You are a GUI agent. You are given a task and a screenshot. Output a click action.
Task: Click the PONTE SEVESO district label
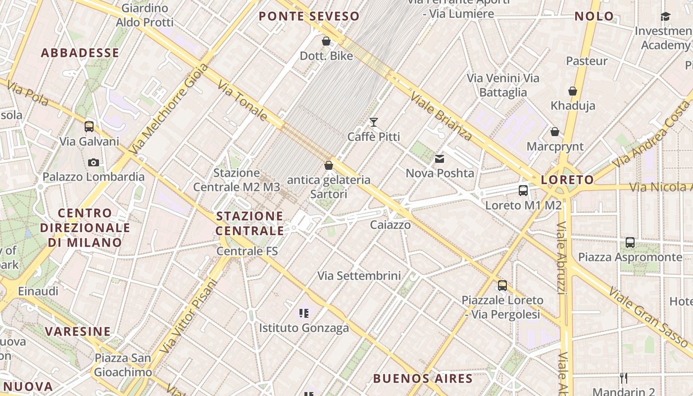pos(309,16)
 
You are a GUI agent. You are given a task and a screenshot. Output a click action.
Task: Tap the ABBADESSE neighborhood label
pos(80,53)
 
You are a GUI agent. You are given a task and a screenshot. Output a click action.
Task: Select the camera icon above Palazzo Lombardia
pos(93,162)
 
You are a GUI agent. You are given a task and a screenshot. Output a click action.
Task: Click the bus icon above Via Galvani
pos(89,127)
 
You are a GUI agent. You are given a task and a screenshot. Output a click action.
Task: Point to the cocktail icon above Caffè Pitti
pos(374,122)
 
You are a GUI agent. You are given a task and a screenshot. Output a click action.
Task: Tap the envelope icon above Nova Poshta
pos(440,159)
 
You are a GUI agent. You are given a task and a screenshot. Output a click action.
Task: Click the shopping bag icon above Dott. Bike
pos(326,41)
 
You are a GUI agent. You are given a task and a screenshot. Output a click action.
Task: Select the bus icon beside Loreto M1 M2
pos(523,191)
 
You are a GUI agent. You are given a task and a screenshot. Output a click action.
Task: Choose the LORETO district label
pos(567,180)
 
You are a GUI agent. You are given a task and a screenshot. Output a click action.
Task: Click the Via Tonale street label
pos(243,101)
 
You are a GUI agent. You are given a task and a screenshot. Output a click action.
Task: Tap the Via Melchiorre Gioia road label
pos(169,109)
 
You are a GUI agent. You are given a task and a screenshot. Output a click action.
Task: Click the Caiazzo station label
pos(391,225)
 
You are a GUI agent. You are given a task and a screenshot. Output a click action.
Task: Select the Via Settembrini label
pos(359,276)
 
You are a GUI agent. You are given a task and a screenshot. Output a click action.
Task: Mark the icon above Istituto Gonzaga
pos(304,313)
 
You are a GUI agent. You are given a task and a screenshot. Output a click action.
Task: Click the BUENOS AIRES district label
pos(423,379)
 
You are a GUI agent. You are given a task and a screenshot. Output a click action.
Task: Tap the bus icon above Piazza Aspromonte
pos(630,243)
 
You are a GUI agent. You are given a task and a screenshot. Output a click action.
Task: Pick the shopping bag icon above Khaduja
pos(573,92)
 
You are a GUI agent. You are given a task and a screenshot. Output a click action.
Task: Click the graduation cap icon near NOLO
pos(665,17)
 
